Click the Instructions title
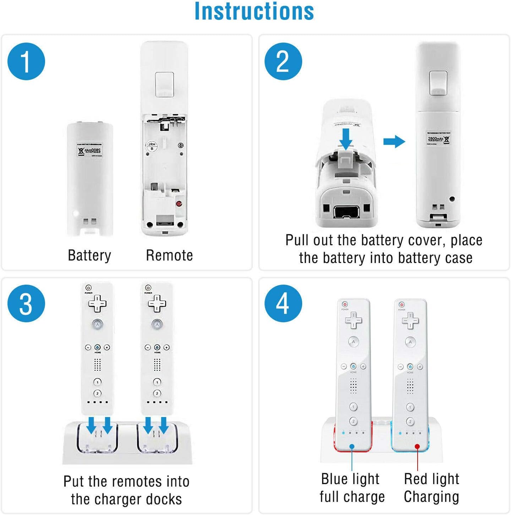254,11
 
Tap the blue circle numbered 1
26,61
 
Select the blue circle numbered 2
283,61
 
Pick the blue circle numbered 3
26,303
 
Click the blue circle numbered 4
283,303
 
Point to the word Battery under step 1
89,256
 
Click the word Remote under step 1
169,256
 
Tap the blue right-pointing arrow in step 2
394,142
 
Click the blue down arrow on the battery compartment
346,139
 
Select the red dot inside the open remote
179,204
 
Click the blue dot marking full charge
352,446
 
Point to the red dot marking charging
417,446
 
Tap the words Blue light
350,479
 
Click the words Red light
431,479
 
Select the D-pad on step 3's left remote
97,303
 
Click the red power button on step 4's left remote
344,305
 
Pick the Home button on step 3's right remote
157,347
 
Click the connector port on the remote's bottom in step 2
346,213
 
